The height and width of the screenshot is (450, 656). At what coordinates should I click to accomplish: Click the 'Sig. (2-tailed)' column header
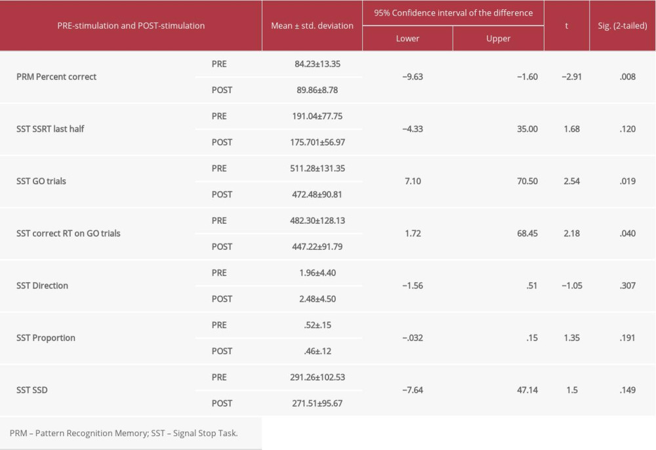tap(622, 26)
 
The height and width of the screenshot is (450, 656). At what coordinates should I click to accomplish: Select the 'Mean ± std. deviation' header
tap(312, 26)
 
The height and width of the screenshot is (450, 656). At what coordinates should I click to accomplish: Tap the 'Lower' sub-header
tap(407, 39)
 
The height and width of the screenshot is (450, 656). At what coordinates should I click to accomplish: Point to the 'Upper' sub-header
tap(498, 39)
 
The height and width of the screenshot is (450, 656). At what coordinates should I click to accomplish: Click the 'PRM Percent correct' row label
tap(56, 77)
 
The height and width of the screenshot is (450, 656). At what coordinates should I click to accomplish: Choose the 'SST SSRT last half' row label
tap(51, 129)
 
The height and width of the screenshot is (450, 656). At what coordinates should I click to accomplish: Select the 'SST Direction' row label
tap(42, 286)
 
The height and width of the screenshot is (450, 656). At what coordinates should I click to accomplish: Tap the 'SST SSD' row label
tap(32, 390)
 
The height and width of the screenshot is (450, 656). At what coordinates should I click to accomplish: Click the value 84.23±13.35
tap(319, 64)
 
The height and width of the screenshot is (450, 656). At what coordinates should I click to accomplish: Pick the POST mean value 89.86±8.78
tap(318, 90)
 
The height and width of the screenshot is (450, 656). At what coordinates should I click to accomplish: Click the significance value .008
tap(627, 77)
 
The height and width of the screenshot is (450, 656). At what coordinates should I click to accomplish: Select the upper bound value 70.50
tap(527, 182)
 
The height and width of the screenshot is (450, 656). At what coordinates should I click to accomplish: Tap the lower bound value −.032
tap(413, 338)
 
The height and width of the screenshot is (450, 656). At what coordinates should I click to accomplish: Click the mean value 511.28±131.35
tap(321, 169)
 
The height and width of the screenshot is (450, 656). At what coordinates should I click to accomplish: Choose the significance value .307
tap(627, 286)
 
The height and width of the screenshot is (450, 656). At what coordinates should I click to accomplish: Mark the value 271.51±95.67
tap(321, 403)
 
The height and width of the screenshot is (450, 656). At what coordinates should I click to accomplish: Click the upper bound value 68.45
tap(527, 234)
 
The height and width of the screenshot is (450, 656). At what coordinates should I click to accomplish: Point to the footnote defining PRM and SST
tap(123, 434)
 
